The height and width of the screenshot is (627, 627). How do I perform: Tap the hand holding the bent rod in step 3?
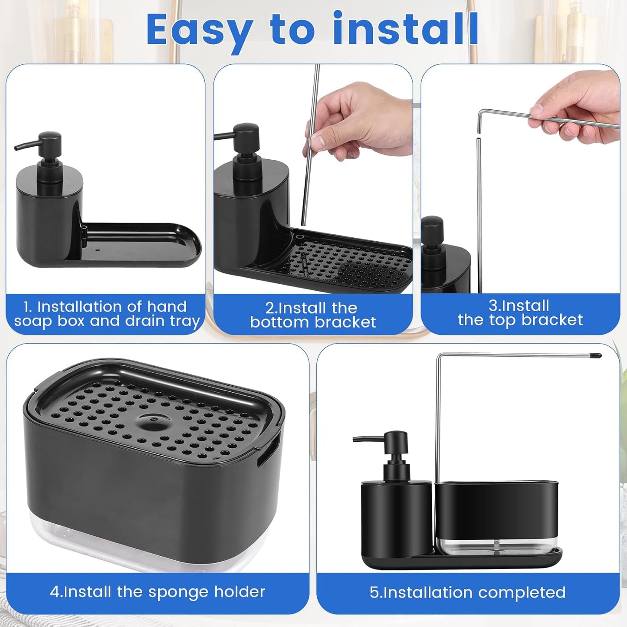pyautogui.click(x=577, y=108)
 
